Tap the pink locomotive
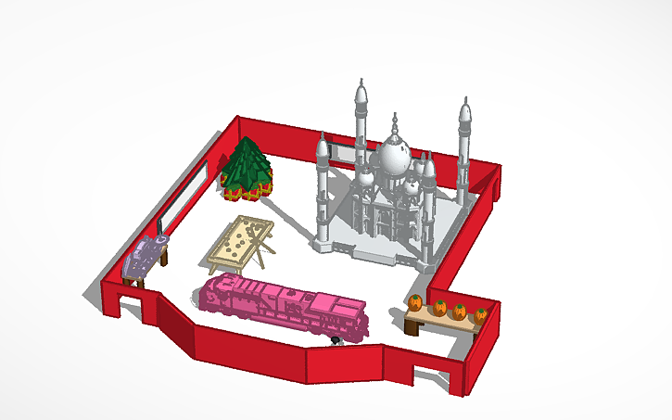(x=278, y=304)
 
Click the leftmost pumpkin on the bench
(x=415, y=302)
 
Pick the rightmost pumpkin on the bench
(x=481, y=315)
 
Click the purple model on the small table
(x=148, y=252)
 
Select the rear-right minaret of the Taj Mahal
(x=464, y=148)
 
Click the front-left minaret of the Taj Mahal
(x=323, y=190)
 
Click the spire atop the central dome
(x=396, y=121)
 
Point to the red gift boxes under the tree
(x=243, y=192)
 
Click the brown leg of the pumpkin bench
(x=411, y=325)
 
